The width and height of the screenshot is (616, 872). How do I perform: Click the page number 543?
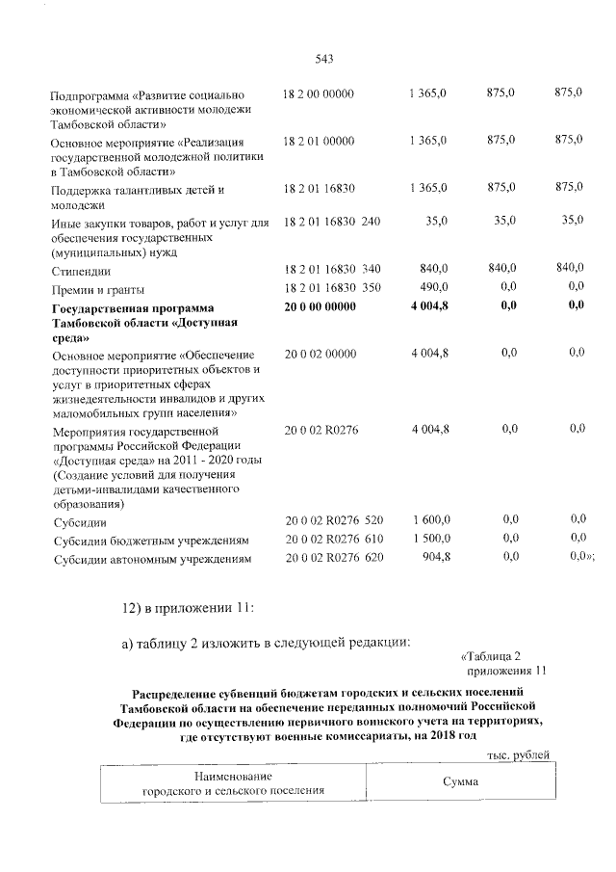coord(324,59)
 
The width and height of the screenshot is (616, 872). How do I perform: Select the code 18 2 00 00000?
coord(320,93)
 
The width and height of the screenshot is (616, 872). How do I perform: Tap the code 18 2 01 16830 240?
coord(332,222)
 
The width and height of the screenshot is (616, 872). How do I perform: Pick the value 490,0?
coord(430,287)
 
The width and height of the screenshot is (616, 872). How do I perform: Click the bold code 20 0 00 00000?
coord(321,306)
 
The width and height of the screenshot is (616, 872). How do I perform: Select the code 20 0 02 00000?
coord(320,355)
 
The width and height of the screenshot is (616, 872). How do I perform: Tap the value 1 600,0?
coord(428,521)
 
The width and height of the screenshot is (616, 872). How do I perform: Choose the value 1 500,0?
coord(428,539)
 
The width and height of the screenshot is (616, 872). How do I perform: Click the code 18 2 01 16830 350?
coord(332,288)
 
